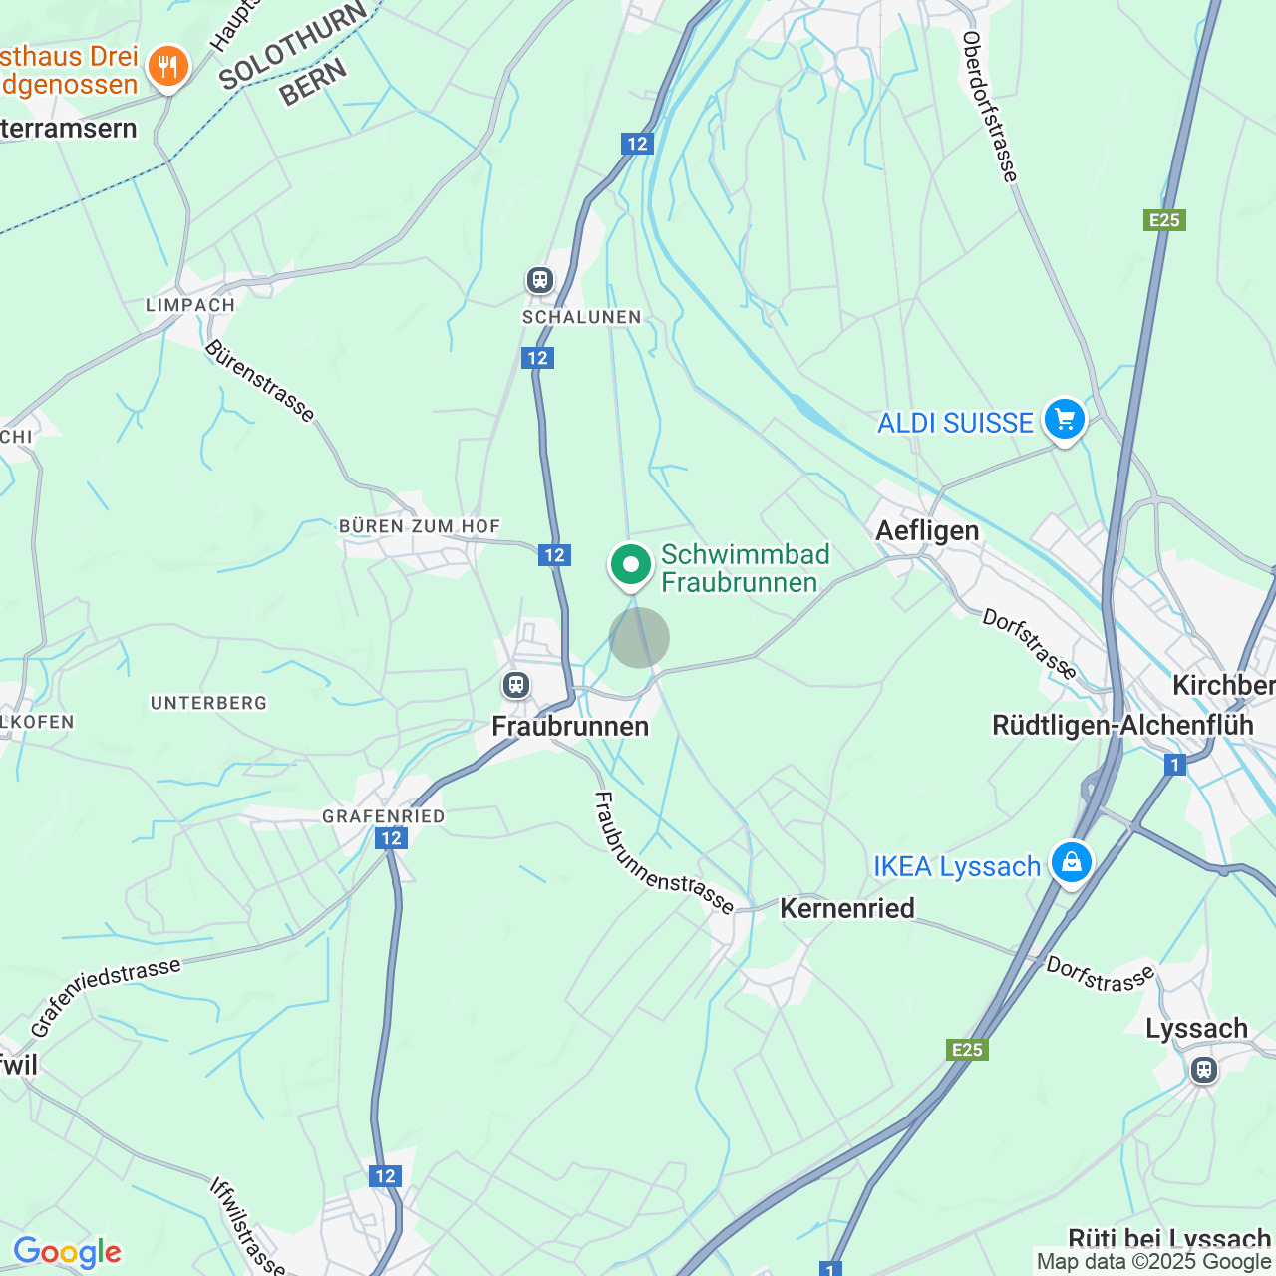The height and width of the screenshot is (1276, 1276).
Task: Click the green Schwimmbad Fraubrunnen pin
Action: (630, 565)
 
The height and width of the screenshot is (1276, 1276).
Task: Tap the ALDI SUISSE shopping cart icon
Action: (1064, 420)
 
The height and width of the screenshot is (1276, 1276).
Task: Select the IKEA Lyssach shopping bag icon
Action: (1071, 863)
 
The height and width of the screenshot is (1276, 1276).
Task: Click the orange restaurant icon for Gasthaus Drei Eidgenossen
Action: (167, 67)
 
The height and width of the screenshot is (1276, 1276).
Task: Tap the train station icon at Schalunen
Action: (540, 280)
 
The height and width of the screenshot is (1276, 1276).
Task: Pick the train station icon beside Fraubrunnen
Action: (515, 685)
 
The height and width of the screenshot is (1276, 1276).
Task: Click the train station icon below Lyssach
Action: (1204, 1070)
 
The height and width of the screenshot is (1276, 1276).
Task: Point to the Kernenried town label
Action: (846, 908)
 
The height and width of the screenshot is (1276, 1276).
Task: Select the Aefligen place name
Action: (927, 530)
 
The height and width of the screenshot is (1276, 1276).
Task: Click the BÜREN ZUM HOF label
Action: (420, 526)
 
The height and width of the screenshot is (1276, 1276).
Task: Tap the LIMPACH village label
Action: (190, 305)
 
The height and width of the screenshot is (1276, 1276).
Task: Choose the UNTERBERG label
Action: (208, 703)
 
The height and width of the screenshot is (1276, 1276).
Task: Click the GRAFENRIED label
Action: (383, 816)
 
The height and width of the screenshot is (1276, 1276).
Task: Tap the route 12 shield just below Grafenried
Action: (391, 838)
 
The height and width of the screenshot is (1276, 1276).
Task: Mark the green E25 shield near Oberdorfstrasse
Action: (1164, 220)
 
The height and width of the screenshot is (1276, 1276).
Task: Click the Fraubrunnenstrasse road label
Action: (664, 853)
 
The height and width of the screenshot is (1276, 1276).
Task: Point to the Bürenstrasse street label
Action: (260, 381)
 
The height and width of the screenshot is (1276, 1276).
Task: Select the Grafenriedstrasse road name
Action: (106, 997)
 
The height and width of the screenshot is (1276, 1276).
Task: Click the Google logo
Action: (67, 1252)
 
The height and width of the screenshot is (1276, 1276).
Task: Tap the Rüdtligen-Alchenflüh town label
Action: (1122, 725)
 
